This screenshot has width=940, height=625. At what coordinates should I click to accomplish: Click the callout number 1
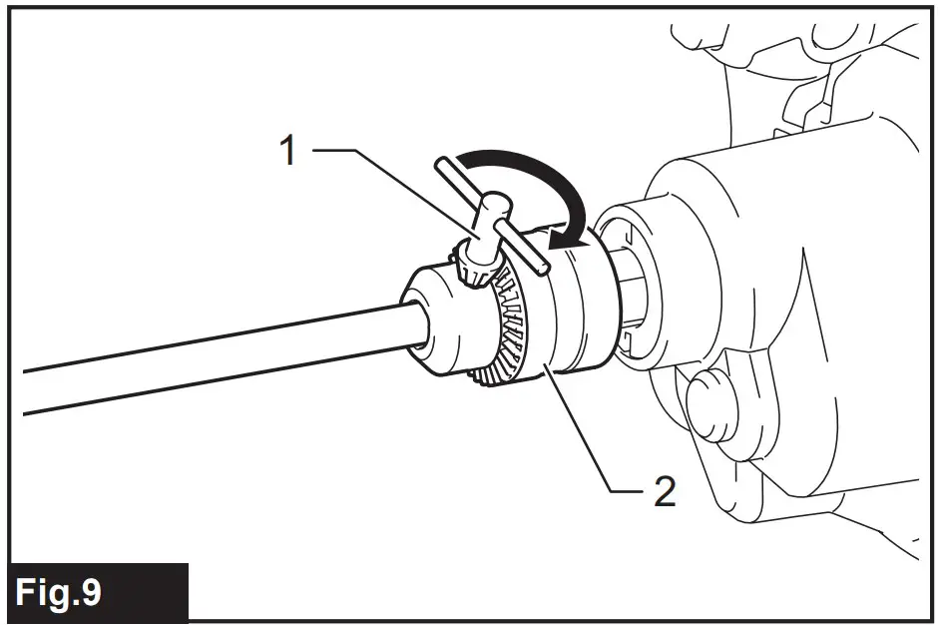click(287, 153)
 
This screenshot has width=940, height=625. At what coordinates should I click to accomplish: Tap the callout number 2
click(661, 490)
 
